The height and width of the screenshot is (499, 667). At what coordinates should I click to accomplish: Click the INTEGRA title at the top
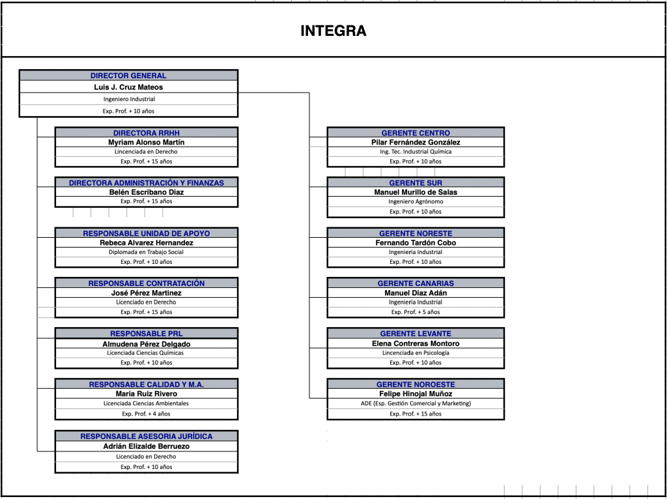point(333,31)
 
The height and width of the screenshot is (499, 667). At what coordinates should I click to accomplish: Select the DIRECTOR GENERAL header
point(128,76)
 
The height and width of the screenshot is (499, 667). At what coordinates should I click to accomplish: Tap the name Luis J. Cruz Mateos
point(128,87)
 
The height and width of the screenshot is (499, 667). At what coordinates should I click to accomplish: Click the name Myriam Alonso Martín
point(147,143)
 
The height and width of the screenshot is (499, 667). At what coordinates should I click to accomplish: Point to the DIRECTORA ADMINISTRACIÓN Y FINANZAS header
point(147,183)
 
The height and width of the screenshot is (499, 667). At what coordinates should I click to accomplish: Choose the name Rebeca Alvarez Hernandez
point(147,243)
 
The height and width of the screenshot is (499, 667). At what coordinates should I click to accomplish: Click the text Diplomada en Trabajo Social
point(147,252)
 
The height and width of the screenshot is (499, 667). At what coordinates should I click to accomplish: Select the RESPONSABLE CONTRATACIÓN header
point(147,283)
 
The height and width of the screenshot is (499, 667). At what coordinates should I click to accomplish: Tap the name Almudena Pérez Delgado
point(147,344)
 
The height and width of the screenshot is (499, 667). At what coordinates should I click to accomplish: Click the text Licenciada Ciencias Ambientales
point(147,403)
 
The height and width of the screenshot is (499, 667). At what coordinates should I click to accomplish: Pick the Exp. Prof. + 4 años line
point(147,414)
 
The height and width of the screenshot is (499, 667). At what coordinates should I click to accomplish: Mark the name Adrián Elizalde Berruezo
point(147,446)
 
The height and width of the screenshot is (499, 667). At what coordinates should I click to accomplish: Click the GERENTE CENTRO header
point(416,133)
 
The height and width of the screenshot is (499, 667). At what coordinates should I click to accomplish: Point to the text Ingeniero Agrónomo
point(416,202)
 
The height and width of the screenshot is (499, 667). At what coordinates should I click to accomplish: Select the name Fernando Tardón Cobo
point(416,243)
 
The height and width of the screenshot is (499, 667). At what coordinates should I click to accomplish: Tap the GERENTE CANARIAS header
point(416,283)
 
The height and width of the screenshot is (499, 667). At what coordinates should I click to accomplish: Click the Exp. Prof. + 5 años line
point(416,312)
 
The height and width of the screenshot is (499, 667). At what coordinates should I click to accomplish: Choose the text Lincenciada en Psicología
point(416,352)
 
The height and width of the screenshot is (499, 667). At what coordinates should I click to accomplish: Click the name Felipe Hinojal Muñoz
point(416,394)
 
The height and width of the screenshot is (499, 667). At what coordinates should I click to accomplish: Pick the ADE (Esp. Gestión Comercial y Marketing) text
point(416,403)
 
